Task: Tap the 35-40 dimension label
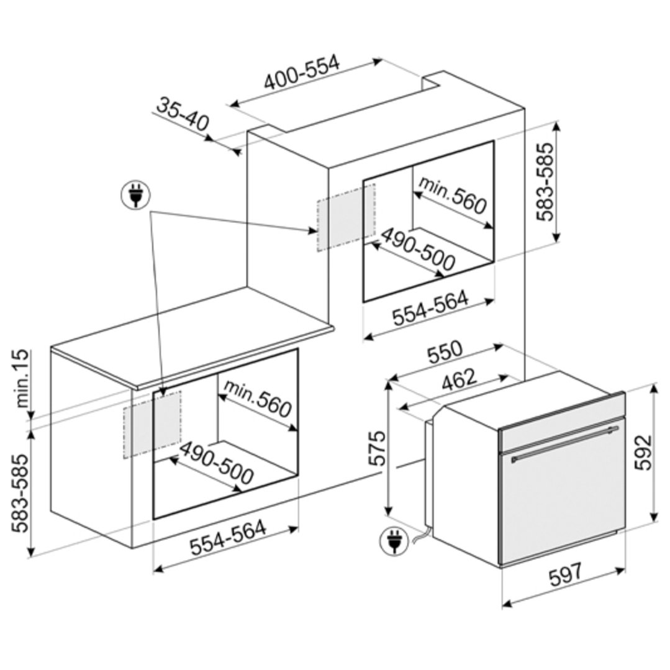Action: (x=183, y=114)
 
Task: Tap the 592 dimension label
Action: (x=643, y=452)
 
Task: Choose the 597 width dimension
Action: (x=565, y=574)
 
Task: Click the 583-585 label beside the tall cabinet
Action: (x=545, y=181)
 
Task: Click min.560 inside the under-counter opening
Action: (x=257, y=397)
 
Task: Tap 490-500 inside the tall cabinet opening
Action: (x=417, y=249)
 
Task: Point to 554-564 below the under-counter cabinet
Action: (x=228, y=537)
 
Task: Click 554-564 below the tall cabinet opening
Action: (x=430, y=307)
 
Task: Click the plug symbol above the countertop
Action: (x=135, y=196)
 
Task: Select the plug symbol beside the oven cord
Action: (x=394, y=541)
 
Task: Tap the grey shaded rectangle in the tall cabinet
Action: (x=346, y=217)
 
